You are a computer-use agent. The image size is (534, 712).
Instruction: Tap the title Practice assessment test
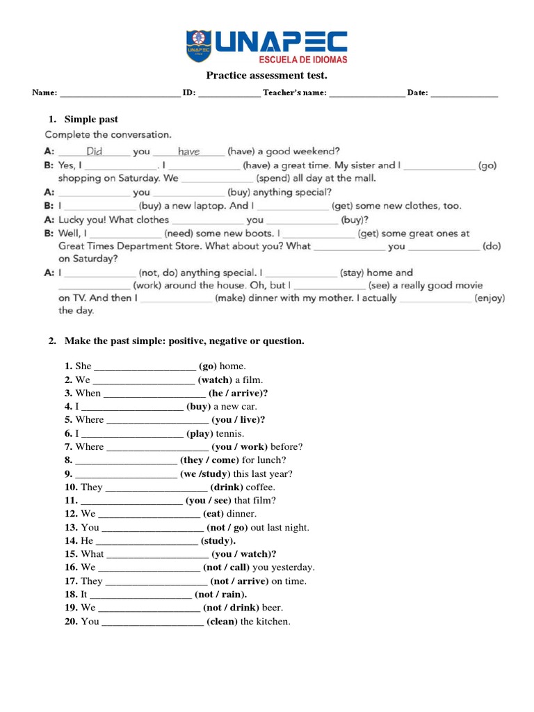pos(266,75)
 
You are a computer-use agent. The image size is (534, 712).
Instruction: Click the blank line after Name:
pos(120,93)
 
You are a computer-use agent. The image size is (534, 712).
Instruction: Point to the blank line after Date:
pos(464,93)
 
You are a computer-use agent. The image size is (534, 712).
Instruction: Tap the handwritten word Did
pos(95,151)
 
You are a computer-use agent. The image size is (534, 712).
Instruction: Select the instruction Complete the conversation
pos(108,134)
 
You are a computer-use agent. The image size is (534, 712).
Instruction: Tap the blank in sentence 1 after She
pos(144,366)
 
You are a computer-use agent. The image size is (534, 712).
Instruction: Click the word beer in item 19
pos(273,608)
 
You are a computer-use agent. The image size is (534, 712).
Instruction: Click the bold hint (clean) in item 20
pos(222,622)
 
